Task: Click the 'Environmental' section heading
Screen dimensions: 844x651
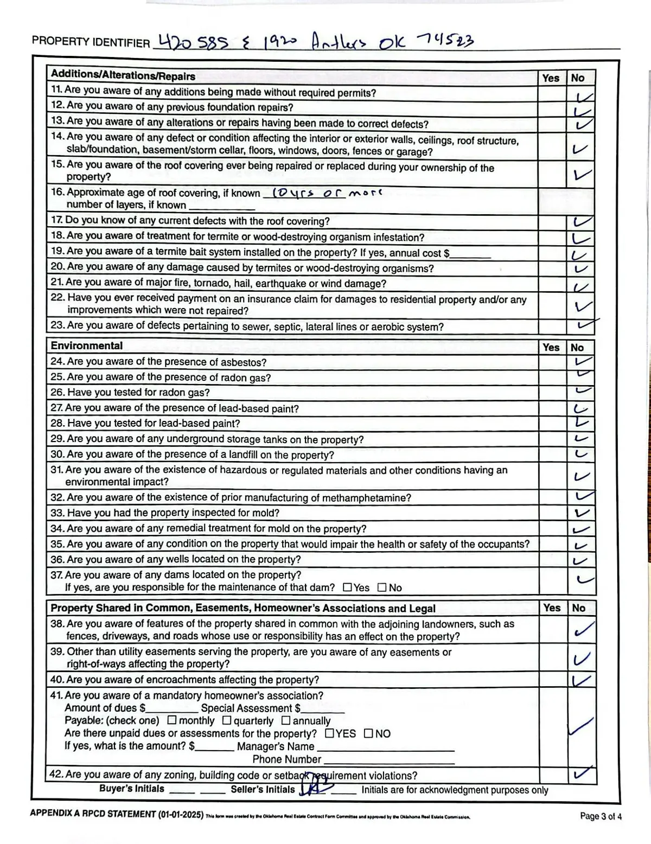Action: (x=87, y=346)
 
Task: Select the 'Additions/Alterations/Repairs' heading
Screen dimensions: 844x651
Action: (x=123, y=76)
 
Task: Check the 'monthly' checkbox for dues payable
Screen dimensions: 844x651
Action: (x=172, y=721)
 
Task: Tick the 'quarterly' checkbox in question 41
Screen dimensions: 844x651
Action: (x=227, y=721)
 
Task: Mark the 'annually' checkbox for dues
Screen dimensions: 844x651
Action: (x=286, y=721)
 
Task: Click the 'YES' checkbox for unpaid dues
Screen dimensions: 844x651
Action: (x=330, y=734)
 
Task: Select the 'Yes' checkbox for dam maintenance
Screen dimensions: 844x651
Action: (x=348, y=587)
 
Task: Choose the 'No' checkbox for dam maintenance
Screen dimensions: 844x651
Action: (x=382, y=587)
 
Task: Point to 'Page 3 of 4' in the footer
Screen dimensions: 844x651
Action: (x=601, y=816)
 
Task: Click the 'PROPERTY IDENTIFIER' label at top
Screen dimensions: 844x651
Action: (x=91, y=42)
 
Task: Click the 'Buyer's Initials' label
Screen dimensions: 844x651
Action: (x=131, y=789)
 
